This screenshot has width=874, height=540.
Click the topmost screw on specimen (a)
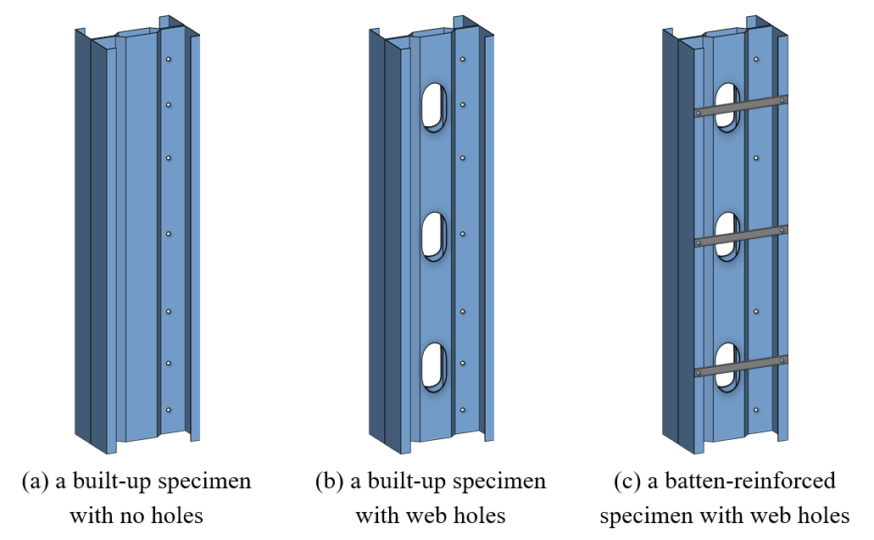169,59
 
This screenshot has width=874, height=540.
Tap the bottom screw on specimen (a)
169,410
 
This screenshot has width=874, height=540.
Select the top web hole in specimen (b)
434,108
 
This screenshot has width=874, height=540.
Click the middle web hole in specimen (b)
434,237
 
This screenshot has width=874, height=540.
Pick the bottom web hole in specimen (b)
434,366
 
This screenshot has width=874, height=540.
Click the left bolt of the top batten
698,113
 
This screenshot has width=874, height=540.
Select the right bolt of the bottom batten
782,360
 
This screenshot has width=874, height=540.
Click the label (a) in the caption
36,482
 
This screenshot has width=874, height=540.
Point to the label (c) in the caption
627,482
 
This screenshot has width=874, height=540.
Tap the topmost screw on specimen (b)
462,59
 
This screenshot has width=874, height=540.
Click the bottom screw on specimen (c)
755,410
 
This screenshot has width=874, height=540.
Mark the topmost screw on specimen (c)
755,59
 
